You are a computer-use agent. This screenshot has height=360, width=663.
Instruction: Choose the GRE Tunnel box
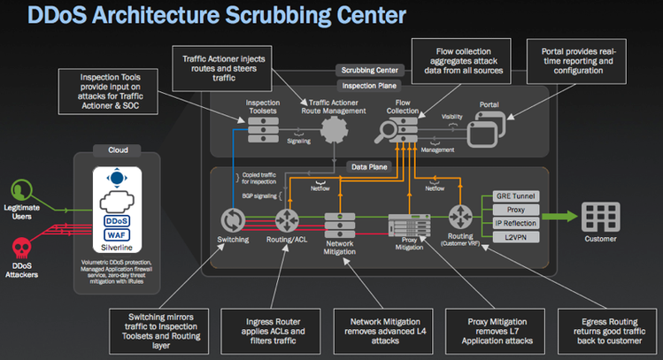tap(515, 195)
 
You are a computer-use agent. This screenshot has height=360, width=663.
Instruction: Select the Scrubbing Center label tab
tap(369, 70)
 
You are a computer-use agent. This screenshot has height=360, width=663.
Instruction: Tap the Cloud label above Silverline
tap(119, 150)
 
